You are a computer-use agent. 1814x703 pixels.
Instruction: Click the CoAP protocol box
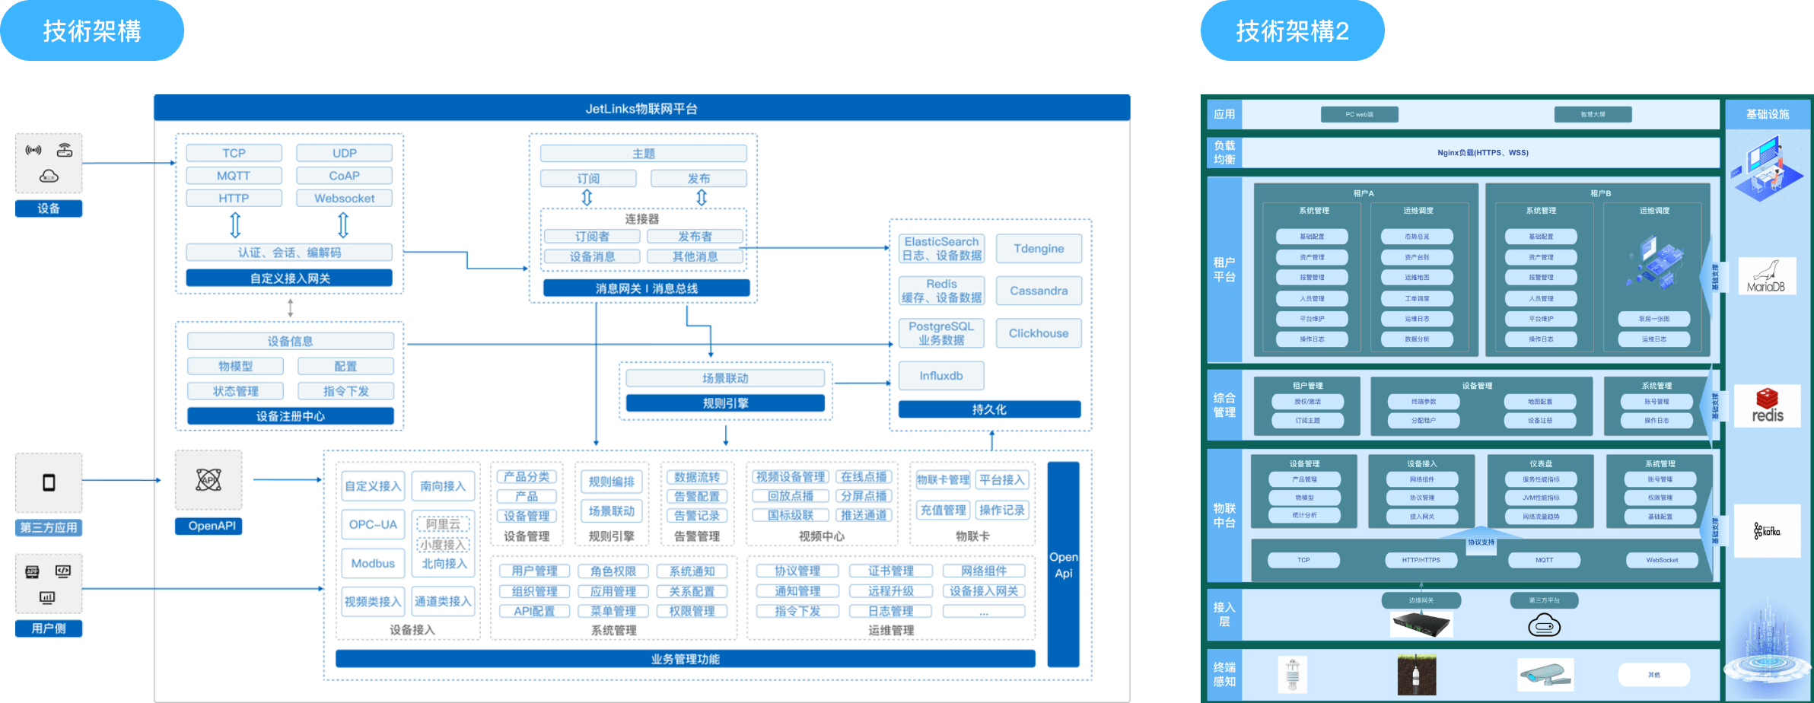pyautogui.click(x=344, y=176)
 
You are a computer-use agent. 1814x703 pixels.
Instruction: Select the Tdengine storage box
pyautogui.click(x=1039, y=249)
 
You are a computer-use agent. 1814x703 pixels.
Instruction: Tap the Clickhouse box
pyautogui.click(x=1039, y=333)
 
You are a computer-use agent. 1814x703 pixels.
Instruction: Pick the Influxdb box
pyautogui.click(x=941, y=376)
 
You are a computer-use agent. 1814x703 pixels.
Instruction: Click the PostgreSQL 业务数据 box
pyautogui.click(x=941, y=333)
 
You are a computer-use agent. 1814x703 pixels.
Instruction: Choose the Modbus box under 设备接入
pyautogui.click(x=373, y=564)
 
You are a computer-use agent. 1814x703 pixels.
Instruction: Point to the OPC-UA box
pyautogui.click(x=373, y=524)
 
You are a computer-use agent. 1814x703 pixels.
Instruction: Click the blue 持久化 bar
pyautogui.click(x=989, y=409)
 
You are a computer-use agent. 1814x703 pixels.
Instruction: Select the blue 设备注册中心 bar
pyautogui.click(x=290, y=416)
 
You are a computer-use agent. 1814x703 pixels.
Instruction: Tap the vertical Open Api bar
pyautogui.click(x=1063, y=565)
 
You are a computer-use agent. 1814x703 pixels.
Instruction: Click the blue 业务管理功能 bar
pyautogui.click(x=685, y=659)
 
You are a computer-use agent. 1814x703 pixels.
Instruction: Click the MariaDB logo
pyautogui.click(x=1767, y=276)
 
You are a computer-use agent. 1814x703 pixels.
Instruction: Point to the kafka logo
pyautogui.click(x=1767, y=530)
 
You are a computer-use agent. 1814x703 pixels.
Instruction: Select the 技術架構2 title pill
pyautogui.click(x=1292, y=31)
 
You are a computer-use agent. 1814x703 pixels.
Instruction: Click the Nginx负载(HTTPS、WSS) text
pyautogui.click(x=1482, y=153)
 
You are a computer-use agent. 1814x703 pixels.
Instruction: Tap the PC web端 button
pyautogui.click(x=1359, y=115)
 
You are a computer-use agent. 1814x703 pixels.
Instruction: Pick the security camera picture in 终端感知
pyautogui.click(x=1545, y=674)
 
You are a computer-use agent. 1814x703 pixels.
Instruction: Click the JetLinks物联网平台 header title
pyautogui.click(x=641, y=109)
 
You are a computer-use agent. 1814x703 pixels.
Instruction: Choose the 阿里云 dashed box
pyautogui.click(x=443, y=524)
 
